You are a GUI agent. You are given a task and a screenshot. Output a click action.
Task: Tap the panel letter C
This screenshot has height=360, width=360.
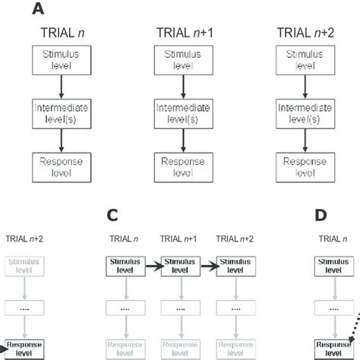[112, 216]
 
